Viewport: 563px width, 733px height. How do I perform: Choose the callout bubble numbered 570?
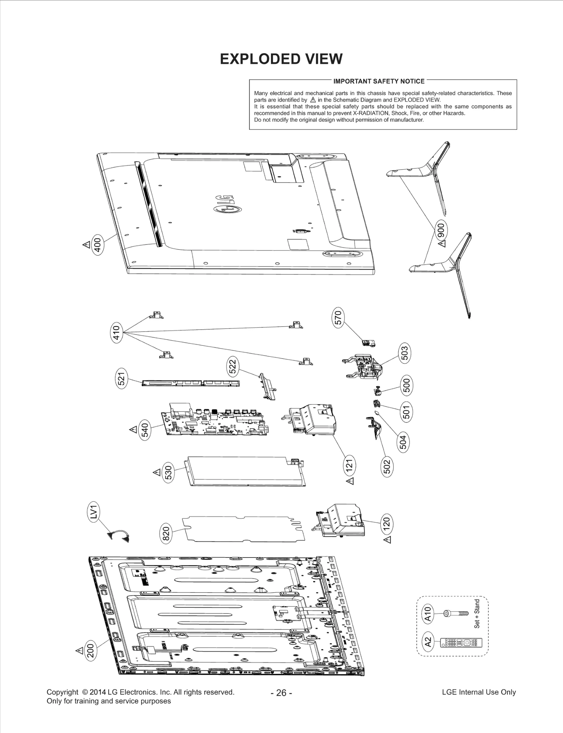click(x=338, y=318)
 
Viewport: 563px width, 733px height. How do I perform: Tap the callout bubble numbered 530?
click(x=169, y=472)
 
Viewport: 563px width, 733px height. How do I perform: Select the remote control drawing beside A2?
click(x=461, y=643)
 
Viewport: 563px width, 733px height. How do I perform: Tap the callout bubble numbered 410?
click(x=116, y=332)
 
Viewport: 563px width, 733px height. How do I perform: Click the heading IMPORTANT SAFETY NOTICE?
click(x=379, y=81)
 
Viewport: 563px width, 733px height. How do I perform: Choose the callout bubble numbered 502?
click(x=387, y=467)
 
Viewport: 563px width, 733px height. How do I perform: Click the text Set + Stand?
click(x=477, y=614)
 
